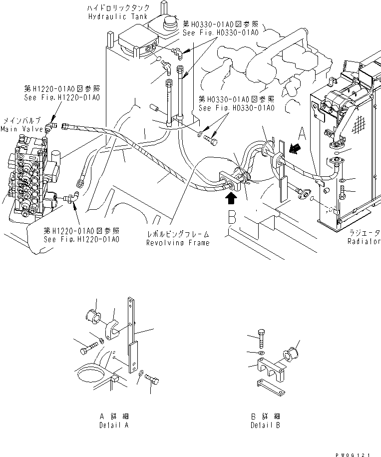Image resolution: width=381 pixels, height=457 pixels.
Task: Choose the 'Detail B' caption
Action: (265, 422)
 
